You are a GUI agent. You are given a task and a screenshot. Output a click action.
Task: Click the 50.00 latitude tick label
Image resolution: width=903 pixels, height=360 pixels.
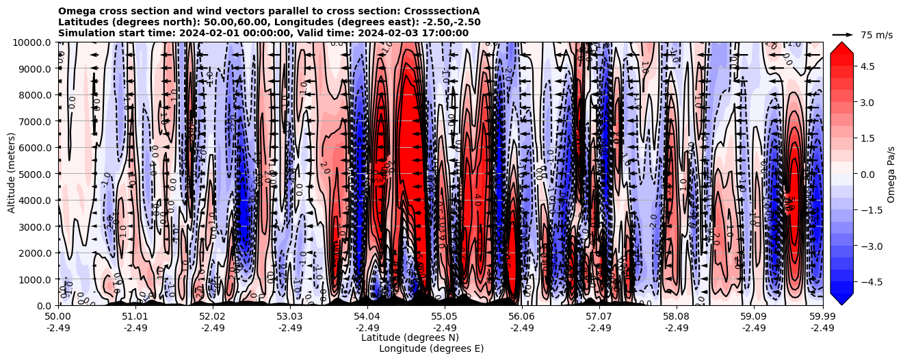coord(58,317)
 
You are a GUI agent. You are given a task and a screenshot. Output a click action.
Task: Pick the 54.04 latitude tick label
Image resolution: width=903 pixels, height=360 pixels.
coord(367,317)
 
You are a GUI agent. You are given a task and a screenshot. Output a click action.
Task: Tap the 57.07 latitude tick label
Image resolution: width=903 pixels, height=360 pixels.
coord(599,317)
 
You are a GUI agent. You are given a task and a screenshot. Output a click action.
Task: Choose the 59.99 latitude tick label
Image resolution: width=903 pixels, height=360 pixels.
coord(822,317)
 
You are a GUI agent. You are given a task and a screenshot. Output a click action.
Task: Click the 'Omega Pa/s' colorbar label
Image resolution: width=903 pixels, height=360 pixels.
coord(891,174)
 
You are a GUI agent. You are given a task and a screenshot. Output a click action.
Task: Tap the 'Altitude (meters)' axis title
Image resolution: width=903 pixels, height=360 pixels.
coord(11,174)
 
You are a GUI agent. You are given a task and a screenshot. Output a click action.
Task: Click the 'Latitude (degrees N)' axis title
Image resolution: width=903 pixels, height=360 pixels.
coord(410,337)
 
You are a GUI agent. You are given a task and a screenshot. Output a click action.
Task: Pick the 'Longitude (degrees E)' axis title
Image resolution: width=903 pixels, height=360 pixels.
coord(431,348)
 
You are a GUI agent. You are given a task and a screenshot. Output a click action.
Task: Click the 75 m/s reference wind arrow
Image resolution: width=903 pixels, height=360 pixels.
coord(843,34)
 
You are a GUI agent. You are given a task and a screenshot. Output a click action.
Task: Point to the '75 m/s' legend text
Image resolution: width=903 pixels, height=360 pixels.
coord(876,35)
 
